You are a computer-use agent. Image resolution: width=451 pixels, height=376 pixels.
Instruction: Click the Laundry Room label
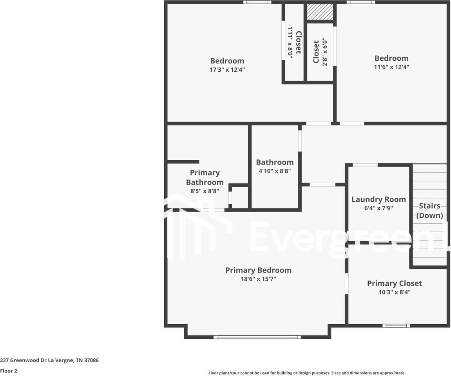pos(378,199)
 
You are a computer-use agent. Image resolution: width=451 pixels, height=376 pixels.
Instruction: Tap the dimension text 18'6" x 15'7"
pos(258,279)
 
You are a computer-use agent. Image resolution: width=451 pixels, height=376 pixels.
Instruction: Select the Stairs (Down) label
pos(429,210)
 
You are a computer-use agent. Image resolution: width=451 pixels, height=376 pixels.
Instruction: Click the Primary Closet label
pos(394,283)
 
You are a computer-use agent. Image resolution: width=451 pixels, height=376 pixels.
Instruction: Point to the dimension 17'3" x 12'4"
pos(227,70)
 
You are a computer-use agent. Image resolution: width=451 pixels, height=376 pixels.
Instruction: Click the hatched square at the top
pos(320,12)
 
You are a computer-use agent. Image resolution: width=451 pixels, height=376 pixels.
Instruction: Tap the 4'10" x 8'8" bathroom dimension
pos(275,171)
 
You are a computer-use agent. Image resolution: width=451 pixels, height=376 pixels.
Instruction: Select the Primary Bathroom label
pos(205,177)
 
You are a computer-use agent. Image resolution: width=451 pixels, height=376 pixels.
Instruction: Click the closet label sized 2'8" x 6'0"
pos(316,52)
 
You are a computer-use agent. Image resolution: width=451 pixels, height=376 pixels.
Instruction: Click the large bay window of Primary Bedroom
pos(257,337)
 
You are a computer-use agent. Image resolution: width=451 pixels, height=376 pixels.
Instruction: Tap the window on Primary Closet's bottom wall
pos(396,325)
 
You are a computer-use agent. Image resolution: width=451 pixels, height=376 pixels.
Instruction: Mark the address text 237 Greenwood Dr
pos(49,360)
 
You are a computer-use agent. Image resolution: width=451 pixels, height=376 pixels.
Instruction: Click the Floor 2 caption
pos(9,371)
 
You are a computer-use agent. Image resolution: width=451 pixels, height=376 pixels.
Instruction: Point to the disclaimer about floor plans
pos(307,373)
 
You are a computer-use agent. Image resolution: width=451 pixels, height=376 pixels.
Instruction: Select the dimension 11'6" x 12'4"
pos(391,67)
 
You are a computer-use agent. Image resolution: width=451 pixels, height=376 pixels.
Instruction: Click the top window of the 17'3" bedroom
pos(257,2)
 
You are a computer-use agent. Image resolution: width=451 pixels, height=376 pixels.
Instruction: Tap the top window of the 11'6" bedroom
pos(360,2)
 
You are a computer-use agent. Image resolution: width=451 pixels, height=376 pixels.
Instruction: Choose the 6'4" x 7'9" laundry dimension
pos(378,208)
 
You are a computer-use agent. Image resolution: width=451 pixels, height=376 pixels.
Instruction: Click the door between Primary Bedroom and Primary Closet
pos(346,284)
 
